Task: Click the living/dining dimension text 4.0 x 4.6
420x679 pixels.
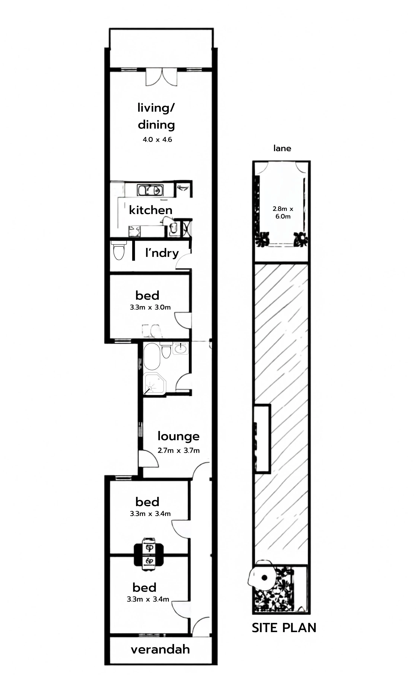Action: click(157, 139)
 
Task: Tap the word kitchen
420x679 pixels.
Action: click(151, 210)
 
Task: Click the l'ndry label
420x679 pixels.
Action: click(162, 253)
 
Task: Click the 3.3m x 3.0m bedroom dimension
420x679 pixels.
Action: click(150, 307)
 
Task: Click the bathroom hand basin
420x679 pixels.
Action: click(181, 348)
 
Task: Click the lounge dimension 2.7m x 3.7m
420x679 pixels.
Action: click(179, 450)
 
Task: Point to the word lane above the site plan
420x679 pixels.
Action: click(282, 148)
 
